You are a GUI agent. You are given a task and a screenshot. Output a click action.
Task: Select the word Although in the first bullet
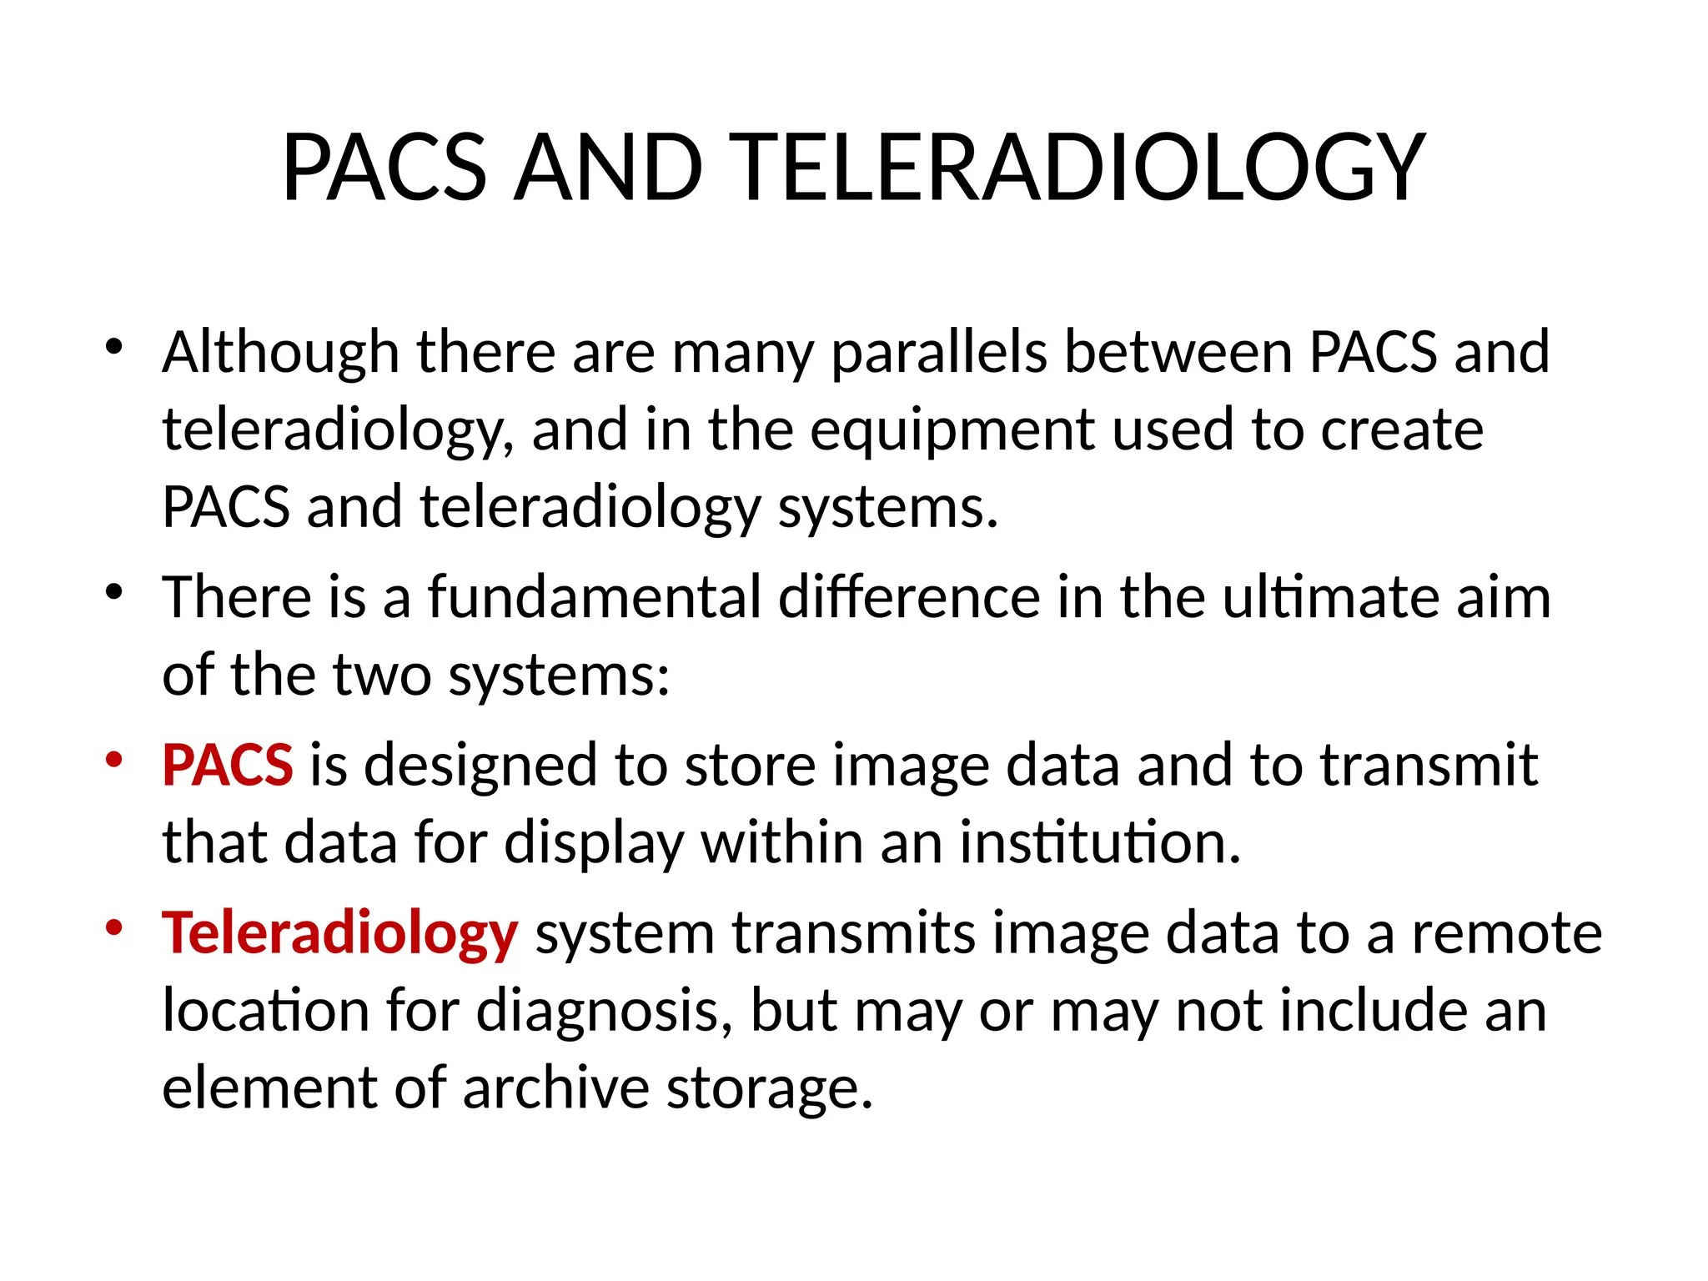click(280, 353)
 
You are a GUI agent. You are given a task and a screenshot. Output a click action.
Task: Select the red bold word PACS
click(228, 765)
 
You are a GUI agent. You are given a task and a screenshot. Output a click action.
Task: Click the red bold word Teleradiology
click(340, 933)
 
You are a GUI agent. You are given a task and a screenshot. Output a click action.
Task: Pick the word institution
click(1100, 842)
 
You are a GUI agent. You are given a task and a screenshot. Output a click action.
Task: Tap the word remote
click(1506, 933)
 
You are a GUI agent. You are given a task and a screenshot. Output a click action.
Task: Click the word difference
click(909, 598)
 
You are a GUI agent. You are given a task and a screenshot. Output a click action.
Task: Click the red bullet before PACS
click(114, 760)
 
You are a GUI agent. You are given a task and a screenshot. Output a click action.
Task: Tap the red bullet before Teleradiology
click(114, 927)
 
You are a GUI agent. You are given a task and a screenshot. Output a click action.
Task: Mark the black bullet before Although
click(114, 346)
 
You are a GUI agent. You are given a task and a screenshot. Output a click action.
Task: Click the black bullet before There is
click(114, 592)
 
